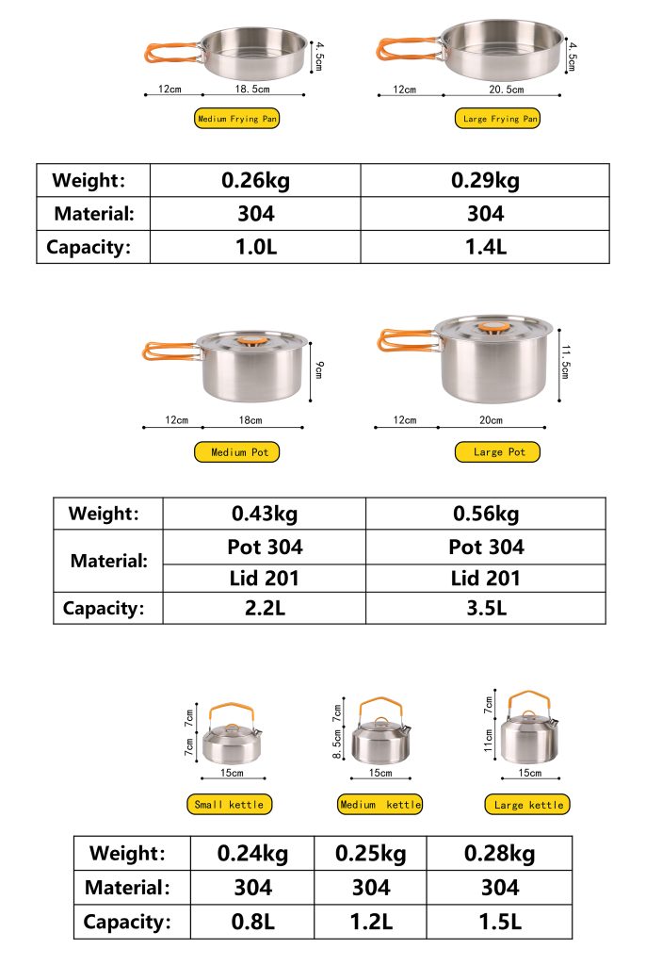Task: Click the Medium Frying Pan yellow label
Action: (x=237, y=119)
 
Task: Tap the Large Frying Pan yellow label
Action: (x=500, y=119)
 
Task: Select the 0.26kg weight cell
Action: (x=255, y=180)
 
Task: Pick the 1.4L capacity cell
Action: (x=485, y=248)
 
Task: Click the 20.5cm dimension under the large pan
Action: (x=506, y=90)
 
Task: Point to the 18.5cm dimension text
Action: (x=251, y=90)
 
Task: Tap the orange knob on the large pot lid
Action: (x=490, y=328)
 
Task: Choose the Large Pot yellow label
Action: (x=498, y=452)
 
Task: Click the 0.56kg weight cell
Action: (x=486, y=514)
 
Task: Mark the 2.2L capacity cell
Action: (x=264, y=608)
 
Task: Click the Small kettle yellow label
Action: (x=230, y=805)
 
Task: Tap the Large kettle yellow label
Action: (x=528, y=805)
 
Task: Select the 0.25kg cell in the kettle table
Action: (x=370, y=854)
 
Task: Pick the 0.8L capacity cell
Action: (x=252, y=922)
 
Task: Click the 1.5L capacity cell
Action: (x=499, y=922)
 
